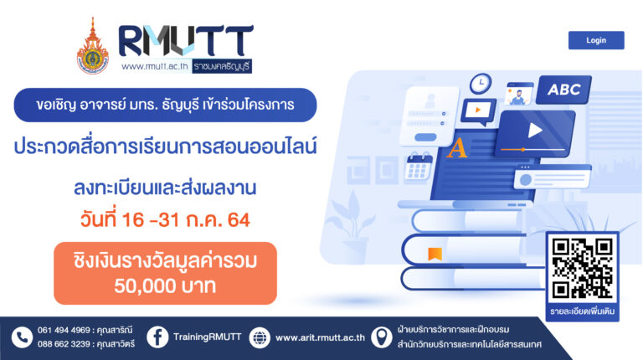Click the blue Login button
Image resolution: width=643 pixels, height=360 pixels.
tap(596, 40)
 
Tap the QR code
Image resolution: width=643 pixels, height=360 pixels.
tap(583, 269)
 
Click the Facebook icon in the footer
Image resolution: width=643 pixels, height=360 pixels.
tap(157, 337)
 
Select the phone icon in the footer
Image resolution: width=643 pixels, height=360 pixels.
tap(22, 337)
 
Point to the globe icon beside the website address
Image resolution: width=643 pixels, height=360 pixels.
tap(260, 337)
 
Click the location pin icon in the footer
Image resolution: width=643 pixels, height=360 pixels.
tap(382, 337)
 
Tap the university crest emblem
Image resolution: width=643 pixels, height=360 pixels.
tap(93, 46)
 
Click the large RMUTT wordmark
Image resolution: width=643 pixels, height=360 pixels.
tap(186, 40)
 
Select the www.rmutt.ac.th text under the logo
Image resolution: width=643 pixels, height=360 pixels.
tap(155, 66)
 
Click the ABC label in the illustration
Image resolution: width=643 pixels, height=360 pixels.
tap(563, 90)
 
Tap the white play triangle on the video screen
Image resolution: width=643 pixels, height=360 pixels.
tap(535, 131)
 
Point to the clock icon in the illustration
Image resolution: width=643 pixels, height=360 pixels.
tap(481, 84)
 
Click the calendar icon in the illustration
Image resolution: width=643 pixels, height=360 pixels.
tap(419, 167)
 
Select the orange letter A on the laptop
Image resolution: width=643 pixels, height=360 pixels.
tap(457, 148)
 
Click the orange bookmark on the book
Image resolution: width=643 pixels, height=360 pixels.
tap(435, 254)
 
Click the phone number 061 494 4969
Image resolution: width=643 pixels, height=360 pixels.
tap(64, 330)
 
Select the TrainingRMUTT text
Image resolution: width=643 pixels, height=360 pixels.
tap(207, 337)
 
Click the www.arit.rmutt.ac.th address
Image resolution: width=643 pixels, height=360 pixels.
tap(320, 337)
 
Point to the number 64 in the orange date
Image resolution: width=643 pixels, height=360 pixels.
tap(239, 220)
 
